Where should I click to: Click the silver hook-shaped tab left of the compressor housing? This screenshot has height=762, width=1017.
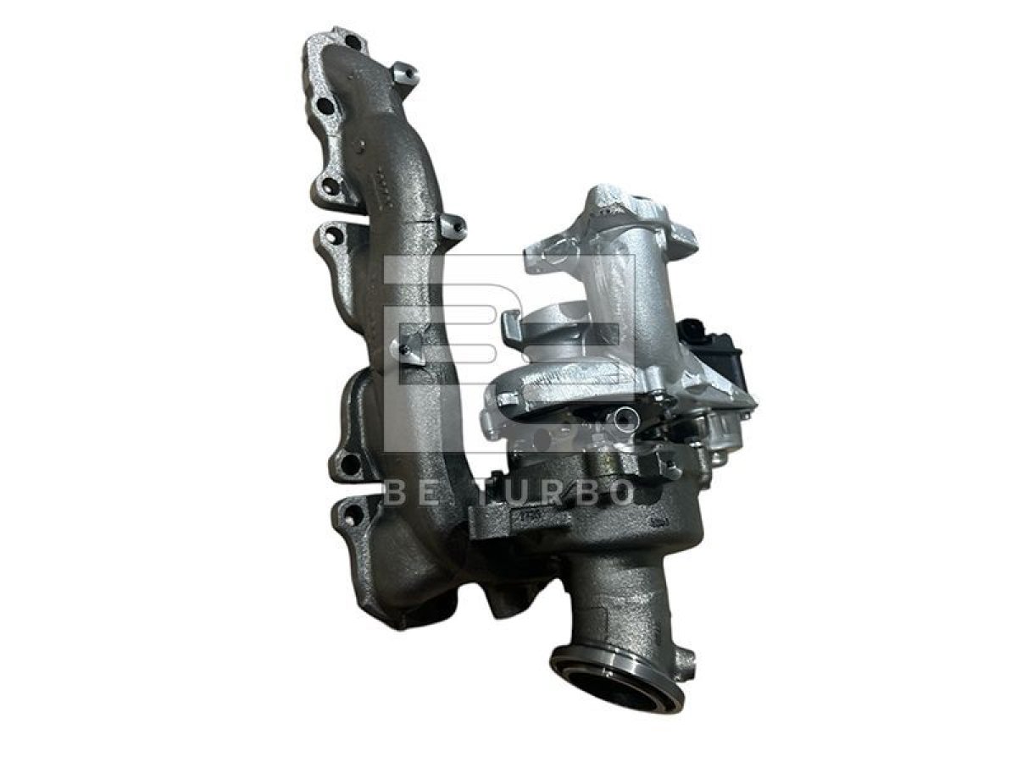click(x=510, y=325)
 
